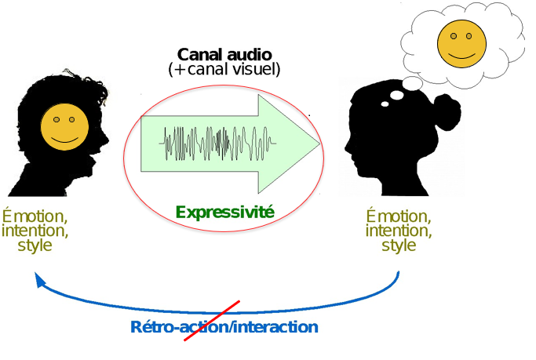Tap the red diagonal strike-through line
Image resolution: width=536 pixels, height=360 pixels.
coord(210,322)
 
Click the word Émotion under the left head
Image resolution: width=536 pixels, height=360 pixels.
coord(35,216)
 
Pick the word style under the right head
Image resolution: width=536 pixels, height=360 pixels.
coord(398,245)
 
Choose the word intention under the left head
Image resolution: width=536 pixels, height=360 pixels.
coord(35,231)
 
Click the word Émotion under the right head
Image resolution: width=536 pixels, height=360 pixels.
coord(398,216)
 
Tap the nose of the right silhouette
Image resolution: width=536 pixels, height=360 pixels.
coord(346,146)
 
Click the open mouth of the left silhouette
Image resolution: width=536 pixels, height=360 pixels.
coord(95,161)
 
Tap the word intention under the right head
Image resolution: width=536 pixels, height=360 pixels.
coord(398,231)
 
